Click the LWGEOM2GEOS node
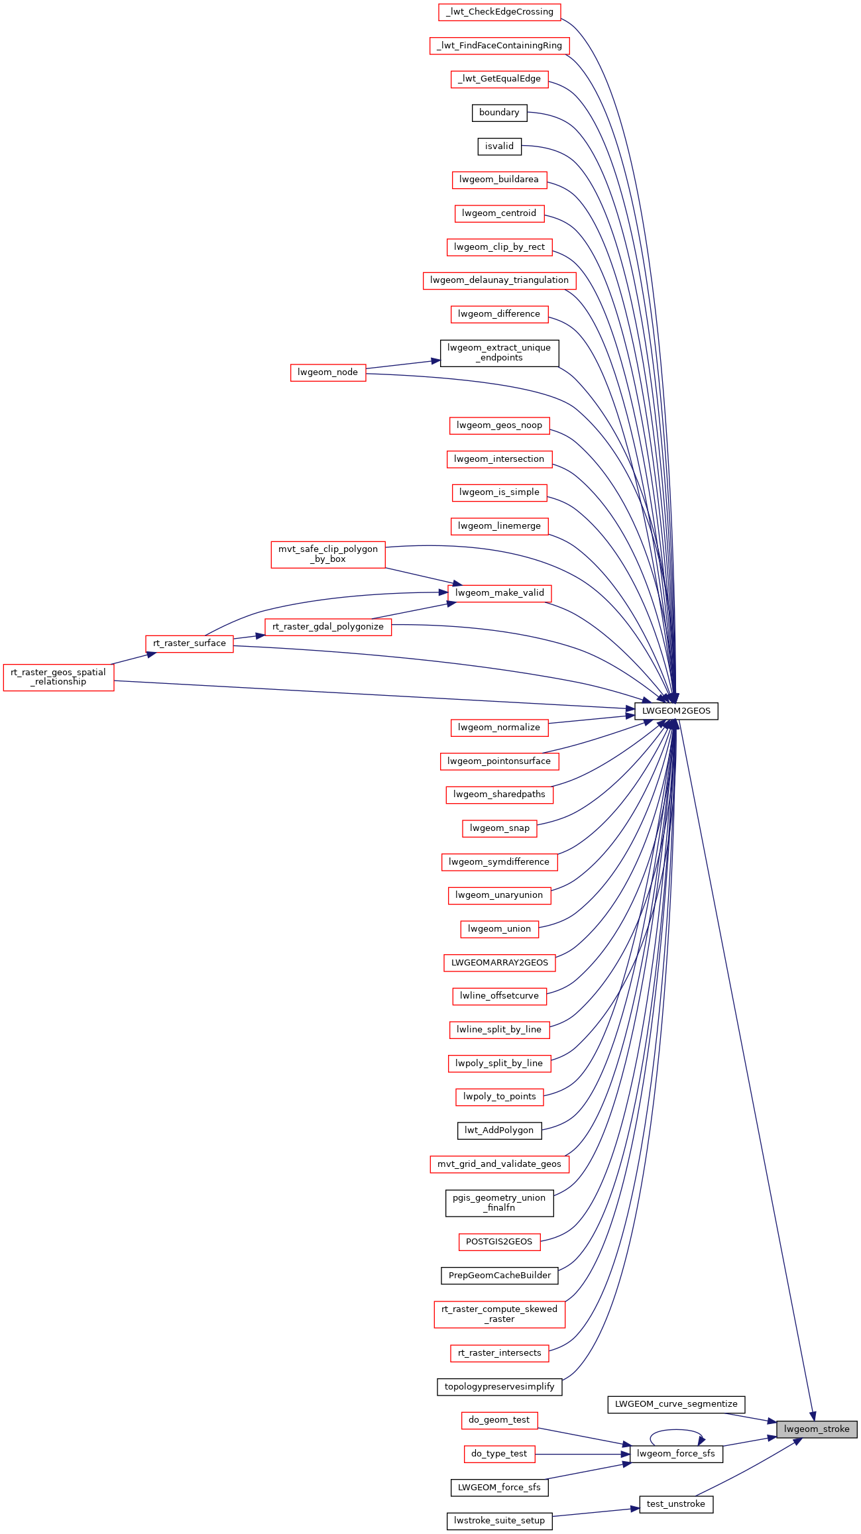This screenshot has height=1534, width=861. [676, 711]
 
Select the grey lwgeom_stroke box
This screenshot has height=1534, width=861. [817, 1429]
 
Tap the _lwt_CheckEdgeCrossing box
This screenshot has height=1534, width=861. [500, 12]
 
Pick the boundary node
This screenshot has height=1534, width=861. [499, 113]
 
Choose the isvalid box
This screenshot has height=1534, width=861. [499, 146]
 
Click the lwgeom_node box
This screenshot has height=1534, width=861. [328, 372]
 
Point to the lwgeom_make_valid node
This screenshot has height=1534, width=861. [500, 593]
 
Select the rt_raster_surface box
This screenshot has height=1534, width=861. [190, 643]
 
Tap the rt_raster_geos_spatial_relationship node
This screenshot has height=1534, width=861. [58, 677]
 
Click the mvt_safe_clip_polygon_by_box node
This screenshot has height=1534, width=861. [328, 554]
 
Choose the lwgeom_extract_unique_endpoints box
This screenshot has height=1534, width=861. [500, 353]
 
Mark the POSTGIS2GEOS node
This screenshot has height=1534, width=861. [500, 1242]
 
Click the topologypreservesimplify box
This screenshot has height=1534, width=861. [500, 1387]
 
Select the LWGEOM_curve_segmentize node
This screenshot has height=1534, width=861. [676, 1404]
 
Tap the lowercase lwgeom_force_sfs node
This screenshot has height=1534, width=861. [676, 1454]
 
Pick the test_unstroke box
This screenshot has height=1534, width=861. [676, 1504]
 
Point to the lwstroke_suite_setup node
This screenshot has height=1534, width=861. [500, 1521]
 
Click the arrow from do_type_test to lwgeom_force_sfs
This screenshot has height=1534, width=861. [583, 1454]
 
